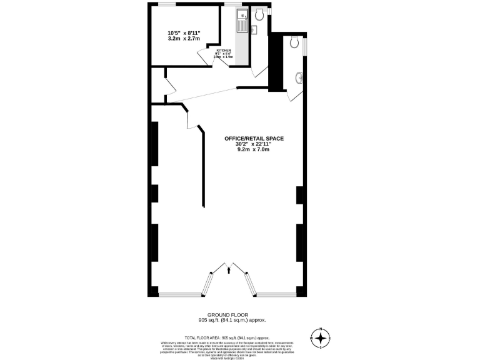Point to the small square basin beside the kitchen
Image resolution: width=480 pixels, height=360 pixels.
[x=254, y=29]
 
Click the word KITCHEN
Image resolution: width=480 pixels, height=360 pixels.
[x=224, y=50]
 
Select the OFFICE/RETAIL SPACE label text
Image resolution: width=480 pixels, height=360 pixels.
[x=250, y=138]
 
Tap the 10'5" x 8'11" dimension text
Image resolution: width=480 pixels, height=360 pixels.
[x=184, y=32]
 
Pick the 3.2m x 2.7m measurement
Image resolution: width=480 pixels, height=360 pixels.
[x=184, y=39]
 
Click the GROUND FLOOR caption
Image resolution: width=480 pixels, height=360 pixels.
[x=232, y=314]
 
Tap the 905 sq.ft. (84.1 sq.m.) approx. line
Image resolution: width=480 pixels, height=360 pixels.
[x=232, y=320]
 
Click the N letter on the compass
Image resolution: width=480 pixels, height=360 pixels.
[x=321, y=329]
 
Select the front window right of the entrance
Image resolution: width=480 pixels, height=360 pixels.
[x=276, y=294]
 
